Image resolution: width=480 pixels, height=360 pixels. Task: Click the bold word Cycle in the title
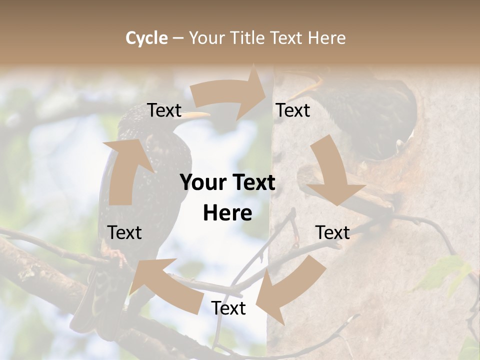pos(146,38)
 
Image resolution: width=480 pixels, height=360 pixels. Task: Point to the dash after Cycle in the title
pos(178,38)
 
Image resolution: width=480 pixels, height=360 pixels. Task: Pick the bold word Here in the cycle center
pos(227,213)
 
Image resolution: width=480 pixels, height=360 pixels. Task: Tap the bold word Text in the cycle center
pos(252,183)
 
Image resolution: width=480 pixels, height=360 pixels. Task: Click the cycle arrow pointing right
pos(230,95)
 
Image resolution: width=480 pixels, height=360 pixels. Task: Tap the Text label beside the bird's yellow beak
pos(164,110)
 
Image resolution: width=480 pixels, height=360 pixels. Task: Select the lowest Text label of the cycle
pos(228,308)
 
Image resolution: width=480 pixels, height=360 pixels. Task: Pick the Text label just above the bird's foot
pos(124,232)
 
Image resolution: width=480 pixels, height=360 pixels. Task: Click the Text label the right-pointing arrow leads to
pos(293,110)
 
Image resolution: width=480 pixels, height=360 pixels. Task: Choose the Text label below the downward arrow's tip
pos(332,232)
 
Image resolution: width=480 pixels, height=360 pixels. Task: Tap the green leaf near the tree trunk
pos(445,272)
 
